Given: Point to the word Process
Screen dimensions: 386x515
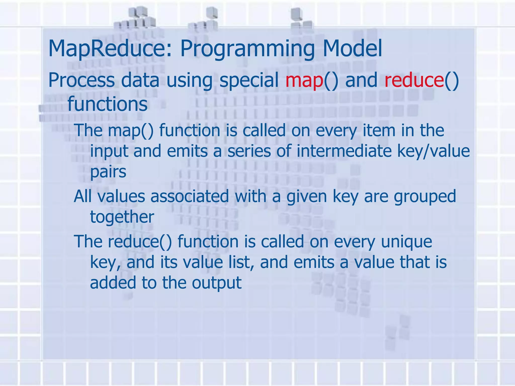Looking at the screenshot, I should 81,80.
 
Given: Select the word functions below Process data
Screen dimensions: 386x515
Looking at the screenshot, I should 107,104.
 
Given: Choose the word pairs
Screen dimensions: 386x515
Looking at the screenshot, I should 108,172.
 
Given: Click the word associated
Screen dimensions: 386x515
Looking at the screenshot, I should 190,197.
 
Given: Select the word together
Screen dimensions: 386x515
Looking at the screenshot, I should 122,217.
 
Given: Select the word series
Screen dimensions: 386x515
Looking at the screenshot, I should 249,151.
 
